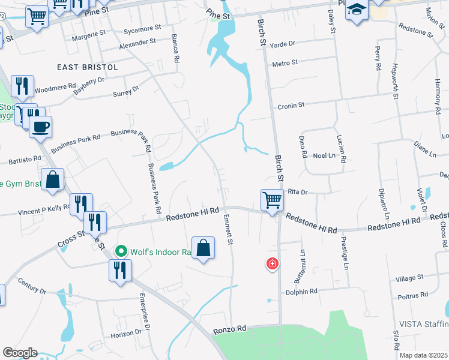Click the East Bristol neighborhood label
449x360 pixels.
click(x=88, y=67)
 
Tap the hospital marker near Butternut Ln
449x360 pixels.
click(x=273, y=263)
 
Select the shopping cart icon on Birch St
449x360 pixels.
click(x=272, y=200)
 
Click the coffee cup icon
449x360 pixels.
click(x=41, y=127)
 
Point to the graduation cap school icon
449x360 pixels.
click(x=357, y=11)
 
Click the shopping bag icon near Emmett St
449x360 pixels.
click(x=203, y=248)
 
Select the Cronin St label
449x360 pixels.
click(x=291, y=105)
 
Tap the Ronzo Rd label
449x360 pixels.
click(x=230, y=329)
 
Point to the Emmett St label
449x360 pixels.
click(x=228, y=230)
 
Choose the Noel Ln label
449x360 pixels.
click(x=324, y=155)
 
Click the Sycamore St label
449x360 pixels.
click(x=140, y=28)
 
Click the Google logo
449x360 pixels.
click(x=20, y=353)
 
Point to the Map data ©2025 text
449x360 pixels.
click(x=423, y=355)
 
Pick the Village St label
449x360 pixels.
click(x=410, y=278)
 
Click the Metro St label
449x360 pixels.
click(x=285, y=63)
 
